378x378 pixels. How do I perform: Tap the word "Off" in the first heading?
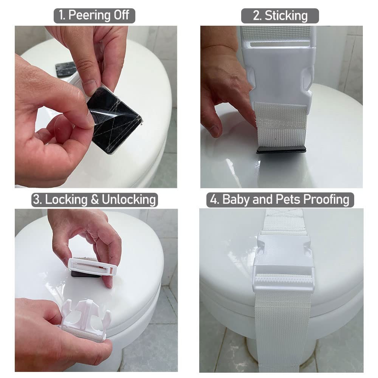tap(121, 15)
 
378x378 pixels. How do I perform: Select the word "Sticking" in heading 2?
tap(286, 16)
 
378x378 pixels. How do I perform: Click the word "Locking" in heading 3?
tap(66, 200)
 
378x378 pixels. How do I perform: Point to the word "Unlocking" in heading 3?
tap(129, 200)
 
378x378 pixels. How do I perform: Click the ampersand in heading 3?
tap(94, 200)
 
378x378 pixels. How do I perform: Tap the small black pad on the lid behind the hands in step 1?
tap(65, 69)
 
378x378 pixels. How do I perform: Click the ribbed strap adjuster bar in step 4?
tap(283, 280)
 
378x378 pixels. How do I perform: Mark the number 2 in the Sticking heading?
tap(257, 15)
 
